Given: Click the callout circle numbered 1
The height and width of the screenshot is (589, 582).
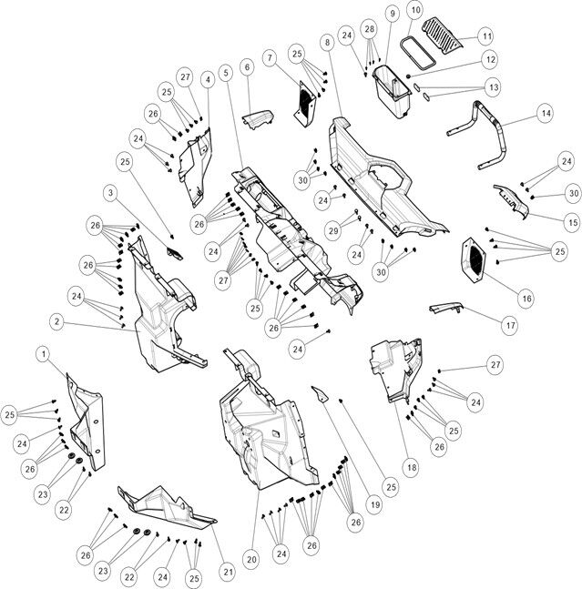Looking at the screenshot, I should click(42, 351).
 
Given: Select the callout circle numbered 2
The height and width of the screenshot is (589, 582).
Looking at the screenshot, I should click(56, 321).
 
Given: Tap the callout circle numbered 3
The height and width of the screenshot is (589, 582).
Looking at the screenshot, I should click(110, 193).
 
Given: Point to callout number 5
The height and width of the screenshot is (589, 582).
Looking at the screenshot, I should click(225, 72).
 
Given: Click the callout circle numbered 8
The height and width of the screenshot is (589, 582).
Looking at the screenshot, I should click(326, 43).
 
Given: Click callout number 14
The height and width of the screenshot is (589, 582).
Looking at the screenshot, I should click(545, 115).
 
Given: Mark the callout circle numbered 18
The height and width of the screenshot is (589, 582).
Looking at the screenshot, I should click(412, 467).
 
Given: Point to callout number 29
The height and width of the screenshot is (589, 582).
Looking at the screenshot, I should click(333, 230).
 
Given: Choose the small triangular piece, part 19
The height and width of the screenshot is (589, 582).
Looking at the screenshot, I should click(321, 395).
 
